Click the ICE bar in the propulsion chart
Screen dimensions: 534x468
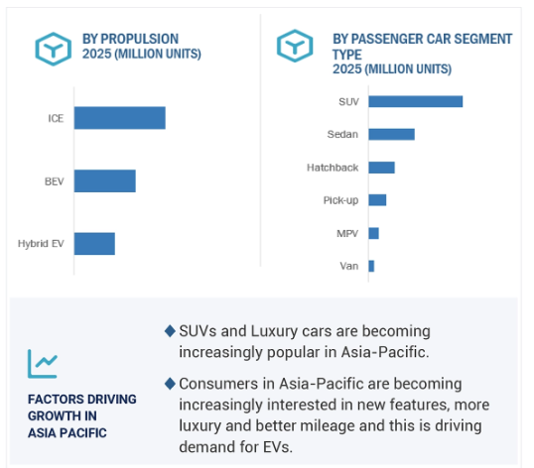120,118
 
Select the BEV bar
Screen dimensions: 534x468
105,180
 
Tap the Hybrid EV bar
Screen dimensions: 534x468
94,244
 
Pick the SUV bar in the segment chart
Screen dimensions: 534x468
416,101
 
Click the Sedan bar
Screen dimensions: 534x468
392,134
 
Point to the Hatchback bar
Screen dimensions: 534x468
382,168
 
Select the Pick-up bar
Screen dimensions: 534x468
377,200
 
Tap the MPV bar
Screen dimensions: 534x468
373,233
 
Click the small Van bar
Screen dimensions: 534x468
371,266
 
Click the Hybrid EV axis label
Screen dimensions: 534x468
41,244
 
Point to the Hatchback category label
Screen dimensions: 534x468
333,168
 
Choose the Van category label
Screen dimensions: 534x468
349,266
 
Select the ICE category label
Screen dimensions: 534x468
56,118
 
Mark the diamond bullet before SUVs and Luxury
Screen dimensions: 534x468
170,331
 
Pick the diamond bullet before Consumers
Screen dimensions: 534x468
170,384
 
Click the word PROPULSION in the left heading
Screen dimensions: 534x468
140,39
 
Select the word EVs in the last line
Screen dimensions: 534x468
278,447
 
